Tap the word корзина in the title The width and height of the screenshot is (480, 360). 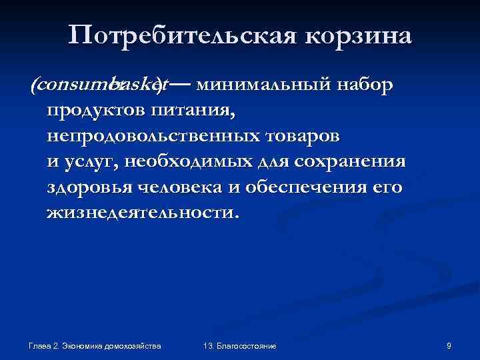click(359, 34)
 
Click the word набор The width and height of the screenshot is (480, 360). click(365, 85)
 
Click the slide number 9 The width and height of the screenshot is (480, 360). click(449, 346)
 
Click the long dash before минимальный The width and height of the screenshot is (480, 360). click(182, 85)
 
